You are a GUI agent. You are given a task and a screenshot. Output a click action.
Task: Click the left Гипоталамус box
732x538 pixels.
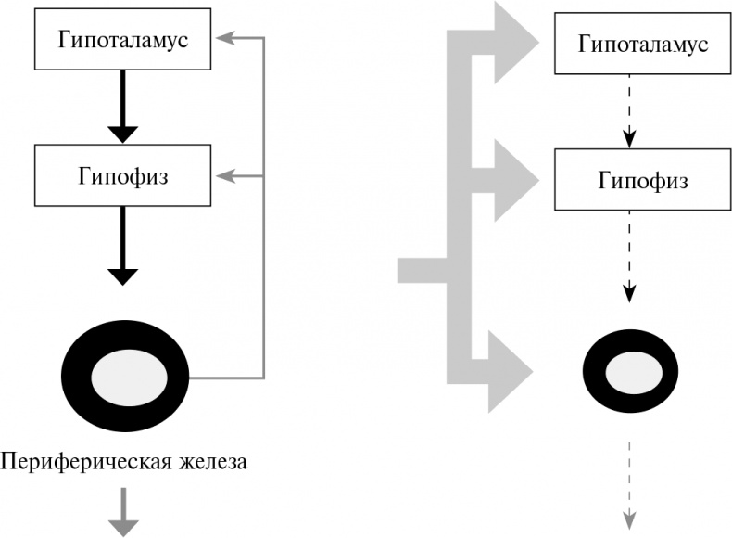tap(123, 40)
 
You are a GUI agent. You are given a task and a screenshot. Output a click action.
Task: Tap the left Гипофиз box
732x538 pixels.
tap(123, 175)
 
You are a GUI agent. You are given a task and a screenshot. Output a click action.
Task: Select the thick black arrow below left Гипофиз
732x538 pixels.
tap(123, 246)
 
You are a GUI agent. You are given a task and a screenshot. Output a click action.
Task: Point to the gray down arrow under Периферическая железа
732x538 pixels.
tap(123, 513)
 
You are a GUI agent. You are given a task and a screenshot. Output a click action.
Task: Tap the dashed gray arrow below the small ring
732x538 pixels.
tap(629, 482)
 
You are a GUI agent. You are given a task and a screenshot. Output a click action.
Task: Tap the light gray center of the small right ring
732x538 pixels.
tap(629, 376)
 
